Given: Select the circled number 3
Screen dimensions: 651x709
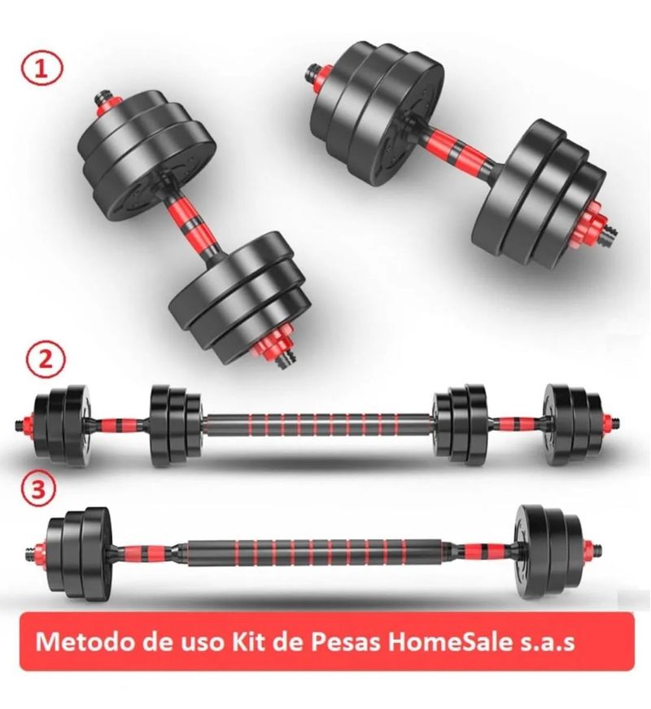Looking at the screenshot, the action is pos(42,490).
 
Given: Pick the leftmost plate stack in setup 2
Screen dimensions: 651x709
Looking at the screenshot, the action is pos(63,423).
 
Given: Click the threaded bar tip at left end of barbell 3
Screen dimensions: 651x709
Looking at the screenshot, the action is pos(30,554).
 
